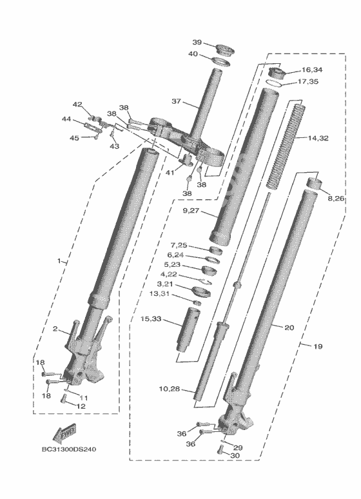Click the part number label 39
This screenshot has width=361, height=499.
[x=197, y=43]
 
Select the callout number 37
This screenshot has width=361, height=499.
[x=176, y=101]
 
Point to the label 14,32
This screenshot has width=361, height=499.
[x=318, y=138]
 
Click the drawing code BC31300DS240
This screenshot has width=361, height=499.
[x=69, y=449]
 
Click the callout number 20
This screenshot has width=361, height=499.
[x=289, y=328]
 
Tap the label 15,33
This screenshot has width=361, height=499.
[x=151, y=318]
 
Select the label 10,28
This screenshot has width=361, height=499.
[x=170, y=389]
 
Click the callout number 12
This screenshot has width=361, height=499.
[x=81, y=406]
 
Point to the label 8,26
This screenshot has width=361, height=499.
[x=336, y=199]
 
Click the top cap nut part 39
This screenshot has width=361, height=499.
[x=224, y=50]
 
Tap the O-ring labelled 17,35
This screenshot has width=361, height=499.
[x=274, y=83]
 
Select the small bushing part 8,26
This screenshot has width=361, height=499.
[x=314, y=184]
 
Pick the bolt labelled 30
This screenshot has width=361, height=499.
[x=220, y=449]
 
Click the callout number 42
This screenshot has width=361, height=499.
[x=77, y=104]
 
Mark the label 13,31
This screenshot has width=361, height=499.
[x=159, y=294]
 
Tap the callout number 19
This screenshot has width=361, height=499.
[x=318, y=346]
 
